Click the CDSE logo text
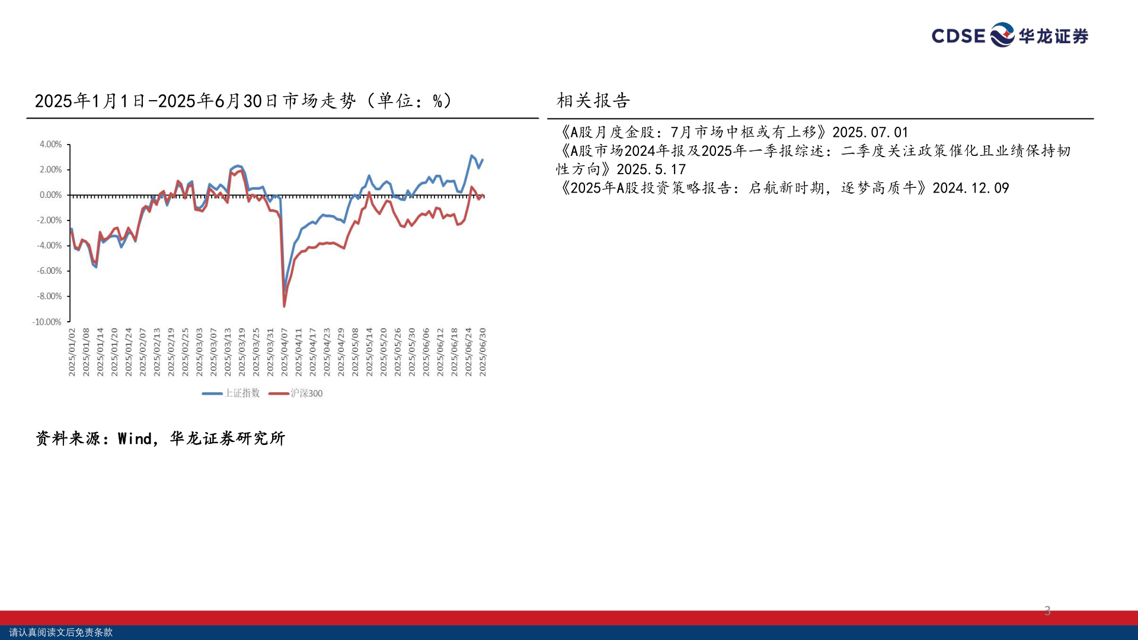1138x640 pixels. coord(958,36)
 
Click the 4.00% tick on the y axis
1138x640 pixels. coord(50,144)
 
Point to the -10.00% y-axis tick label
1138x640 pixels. coord(47,322)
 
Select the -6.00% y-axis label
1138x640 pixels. coord(49,271)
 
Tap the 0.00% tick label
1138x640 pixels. coord(50,195)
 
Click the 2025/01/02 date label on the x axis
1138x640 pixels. coord(72,352)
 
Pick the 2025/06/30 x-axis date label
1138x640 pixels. coord(482,352)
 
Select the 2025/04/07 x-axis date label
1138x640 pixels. coord(284,352)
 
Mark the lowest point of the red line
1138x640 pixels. coord(284,306)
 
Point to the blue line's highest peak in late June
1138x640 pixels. coord(472,156)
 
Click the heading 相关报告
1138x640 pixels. coord(593,101)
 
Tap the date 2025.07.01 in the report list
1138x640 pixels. coord(870,132)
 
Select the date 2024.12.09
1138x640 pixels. coord(970,188)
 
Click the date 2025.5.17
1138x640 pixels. coord(651,169)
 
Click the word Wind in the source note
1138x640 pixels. coord(135,439)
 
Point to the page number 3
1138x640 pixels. coord(1047,611)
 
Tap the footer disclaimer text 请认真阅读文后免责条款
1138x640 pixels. coord(60,632)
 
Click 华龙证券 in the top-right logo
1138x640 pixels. coord(1053,36)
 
